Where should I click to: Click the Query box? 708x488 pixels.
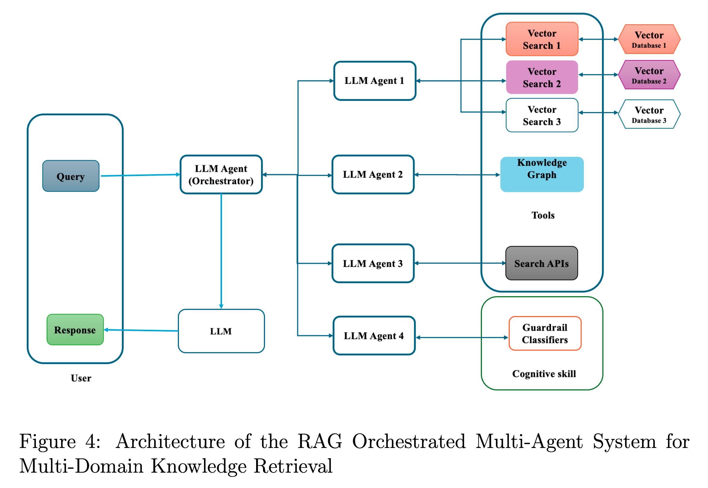click(x=71, y=176)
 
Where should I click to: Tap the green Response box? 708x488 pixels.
click(x=75, y=330)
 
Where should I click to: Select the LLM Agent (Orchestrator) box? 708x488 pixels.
click(x=221, y=175)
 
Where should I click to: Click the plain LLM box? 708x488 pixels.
click(x=221, y=331)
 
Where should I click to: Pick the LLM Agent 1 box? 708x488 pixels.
click(x=374, y=81)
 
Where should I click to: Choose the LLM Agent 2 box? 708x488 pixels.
click(x=373, y=175)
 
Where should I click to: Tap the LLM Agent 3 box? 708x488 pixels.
click(x=373, y=263)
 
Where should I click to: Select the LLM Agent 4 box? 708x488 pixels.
click(x=374, y=336)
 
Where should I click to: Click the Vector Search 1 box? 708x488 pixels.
click(x=542, y=39)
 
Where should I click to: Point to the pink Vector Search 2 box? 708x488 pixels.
click(x=542, y=77)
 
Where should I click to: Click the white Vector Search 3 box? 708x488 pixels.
click(x=542, y=115)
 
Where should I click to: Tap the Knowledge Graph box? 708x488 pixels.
click(x=542, y=175)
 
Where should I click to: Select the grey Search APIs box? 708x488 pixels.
click(x=541, y=263)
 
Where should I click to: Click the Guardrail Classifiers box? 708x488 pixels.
click(x=545, y=333)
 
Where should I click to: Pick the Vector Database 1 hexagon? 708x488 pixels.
click(x=649, y=39)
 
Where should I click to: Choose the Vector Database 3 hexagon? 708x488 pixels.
click(x=649, y=114)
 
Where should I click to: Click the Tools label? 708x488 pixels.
click(x=543, y=215)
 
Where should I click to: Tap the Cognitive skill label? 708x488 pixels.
click(x=544, y=374)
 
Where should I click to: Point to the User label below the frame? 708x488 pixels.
click(x=81, y=378)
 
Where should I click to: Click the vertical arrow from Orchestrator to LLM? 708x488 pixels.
click(x=221, y=251)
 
